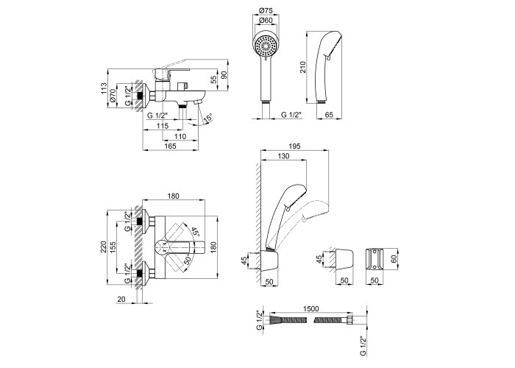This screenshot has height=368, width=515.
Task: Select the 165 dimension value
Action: (170, 146)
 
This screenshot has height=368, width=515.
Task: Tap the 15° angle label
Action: (209, 118)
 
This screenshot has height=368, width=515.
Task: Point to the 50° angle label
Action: (191, 259)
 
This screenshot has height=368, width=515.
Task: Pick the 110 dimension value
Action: (180, 137)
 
